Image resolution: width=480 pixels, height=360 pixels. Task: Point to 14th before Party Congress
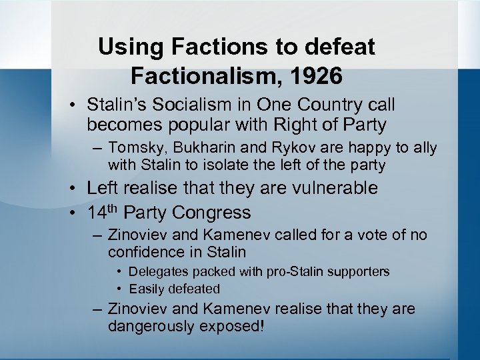[103, 212]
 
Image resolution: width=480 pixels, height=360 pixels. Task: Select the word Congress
[212, 213]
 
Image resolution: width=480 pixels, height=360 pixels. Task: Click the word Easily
[147, 289]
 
